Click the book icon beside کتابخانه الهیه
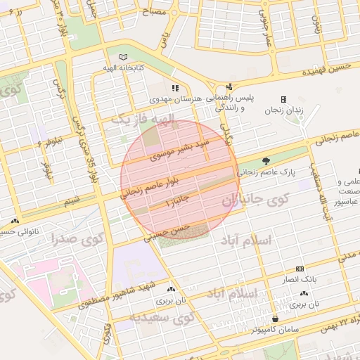124,56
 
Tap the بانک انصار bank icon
301,269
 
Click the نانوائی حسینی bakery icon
13,219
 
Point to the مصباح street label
155,12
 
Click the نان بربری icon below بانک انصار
304,293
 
